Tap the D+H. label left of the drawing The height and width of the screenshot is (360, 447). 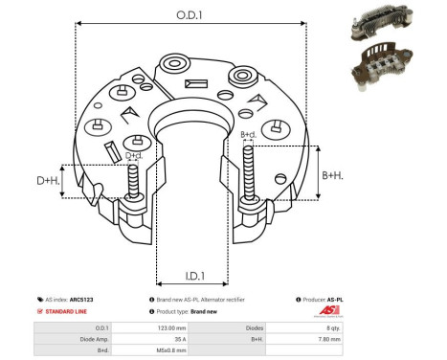click(46, 180)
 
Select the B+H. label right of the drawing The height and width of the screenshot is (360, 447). click(332, 174)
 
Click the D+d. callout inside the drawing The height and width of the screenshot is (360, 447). click(134, 155)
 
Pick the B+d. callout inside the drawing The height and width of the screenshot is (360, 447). click(248, 135)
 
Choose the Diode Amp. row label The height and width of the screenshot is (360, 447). click(80, 338)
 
